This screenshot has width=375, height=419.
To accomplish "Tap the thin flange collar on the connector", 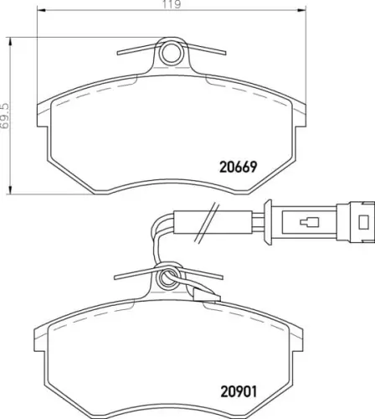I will (269, 223).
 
